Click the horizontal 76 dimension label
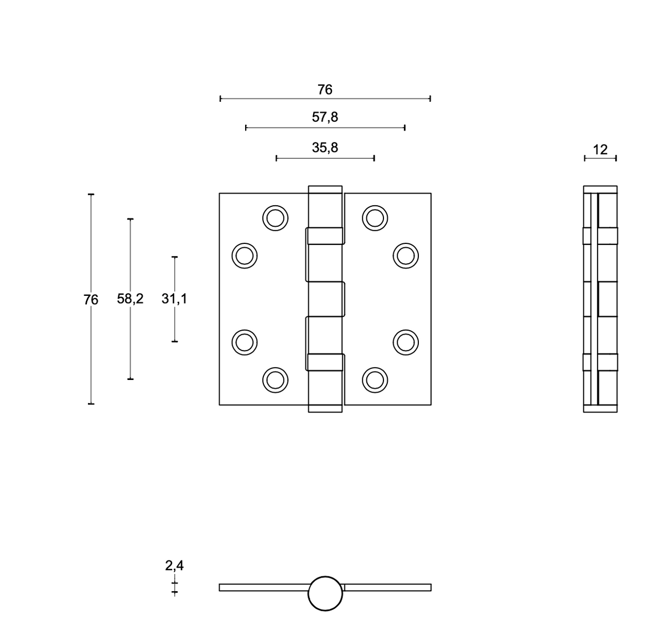point(324,90)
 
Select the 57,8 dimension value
point(324,117)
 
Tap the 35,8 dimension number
point(324,148)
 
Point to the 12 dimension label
point(600,150)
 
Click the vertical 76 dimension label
point(91,300)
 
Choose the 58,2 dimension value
point(130,299)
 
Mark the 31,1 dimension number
point(174,299)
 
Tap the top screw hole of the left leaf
point(276,218)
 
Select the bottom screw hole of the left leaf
point(276,380)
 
